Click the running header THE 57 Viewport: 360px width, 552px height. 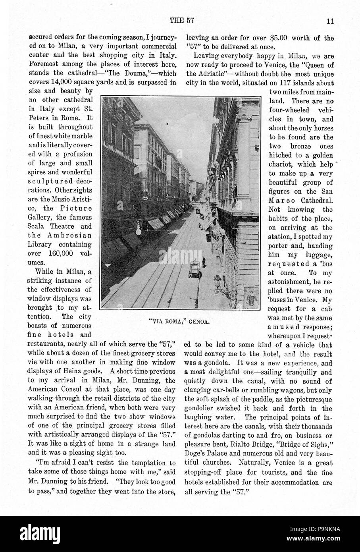pos(181,21)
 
